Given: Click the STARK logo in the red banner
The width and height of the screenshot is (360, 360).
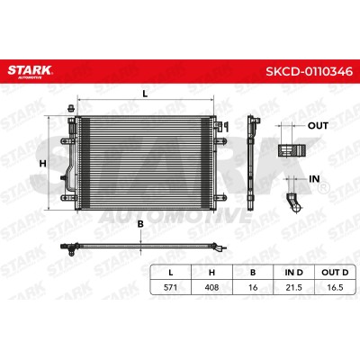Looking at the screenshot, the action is pos(30,71).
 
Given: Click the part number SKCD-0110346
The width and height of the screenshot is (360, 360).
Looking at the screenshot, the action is pos(310,71).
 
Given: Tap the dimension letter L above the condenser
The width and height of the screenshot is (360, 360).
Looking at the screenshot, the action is pos(145,94).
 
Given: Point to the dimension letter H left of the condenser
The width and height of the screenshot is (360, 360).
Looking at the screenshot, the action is pos(43,164).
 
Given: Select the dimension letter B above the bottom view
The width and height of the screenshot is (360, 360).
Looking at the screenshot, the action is pos(140,224).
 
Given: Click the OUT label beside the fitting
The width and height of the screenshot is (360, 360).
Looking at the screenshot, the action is pos(318,126).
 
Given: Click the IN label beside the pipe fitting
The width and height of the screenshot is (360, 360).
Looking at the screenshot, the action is pos(314,179).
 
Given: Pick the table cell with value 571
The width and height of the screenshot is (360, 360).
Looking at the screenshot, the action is pos(170,287).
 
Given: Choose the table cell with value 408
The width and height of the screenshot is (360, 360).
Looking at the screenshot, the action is pos(211,287).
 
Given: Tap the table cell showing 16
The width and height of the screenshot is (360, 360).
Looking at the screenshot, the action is pos(253,287).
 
